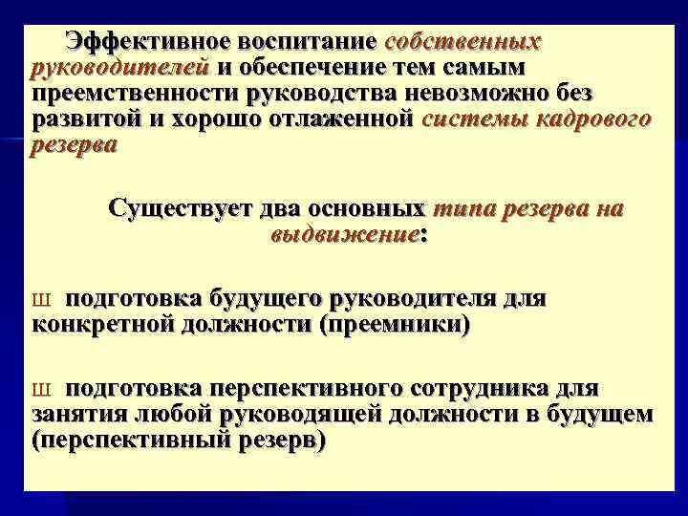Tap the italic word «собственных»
click(x=462, y=43)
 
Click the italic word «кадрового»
click(x=591, y=119)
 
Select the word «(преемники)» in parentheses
click(x=396, y=325)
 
